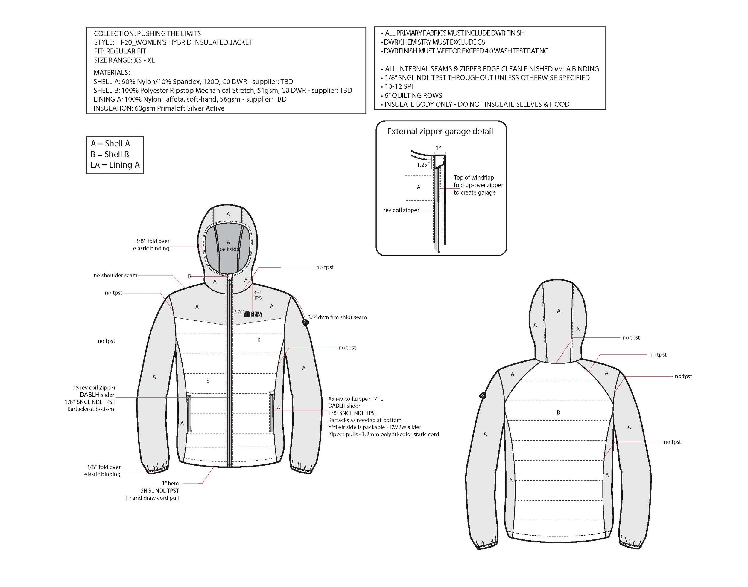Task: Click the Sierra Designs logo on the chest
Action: tap(253, 314)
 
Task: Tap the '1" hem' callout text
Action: tap(170, 483)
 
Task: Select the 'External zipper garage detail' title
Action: tap(440, 131)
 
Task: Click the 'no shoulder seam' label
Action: tap(115, 275)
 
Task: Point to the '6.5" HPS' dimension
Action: tap(257, 295)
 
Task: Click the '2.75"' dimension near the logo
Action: tap(238, 312)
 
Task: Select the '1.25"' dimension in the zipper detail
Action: tap(423, 165)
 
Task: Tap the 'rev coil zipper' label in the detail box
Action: tap(401, 210)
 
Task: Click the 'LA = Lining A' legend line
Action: tap(115, 165)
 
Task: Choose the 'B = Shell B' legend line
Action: tap(110, 154)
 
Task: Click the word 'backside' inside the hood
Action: tap(229, 249)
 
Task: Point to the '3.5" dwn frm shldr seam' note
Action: tap(337, 317)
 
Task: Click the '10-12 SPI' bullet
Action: tap(399, 87)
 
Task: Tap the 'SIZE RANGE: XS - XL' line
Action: tap(124, 60)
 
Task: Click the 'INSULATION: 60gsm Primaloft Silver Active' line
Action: tap(159, 108)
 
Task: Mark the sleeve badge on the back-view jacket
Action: tap(482, 396)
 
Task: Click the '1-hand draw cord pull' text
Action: tap(152, 498)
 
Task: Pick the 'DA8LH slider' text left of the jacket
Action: tap(97, 395)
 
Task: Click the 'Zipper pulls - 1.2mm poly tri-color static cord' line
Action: tap(383, 434)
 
